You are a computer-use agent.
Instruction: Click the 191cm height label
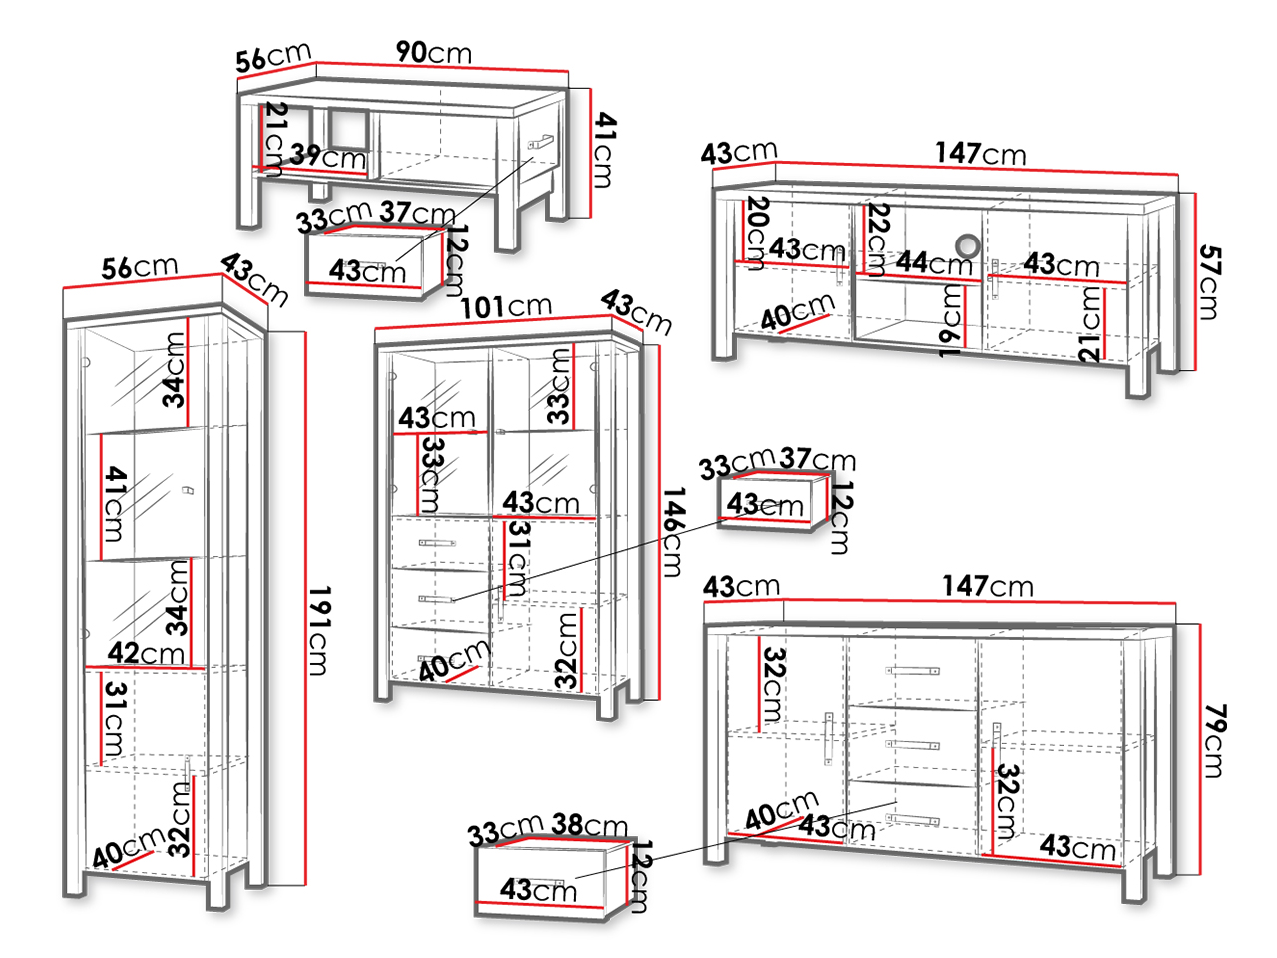tap(319, 630)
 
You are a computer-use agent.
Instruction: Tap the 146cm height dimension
tap(673, 532)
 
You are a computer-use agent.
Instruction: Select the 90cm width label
tap(434, 52)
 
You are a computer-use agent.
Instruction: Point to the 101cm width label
tap(506, 306)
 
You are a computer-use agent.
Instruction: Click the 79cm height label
tap(1215, 740)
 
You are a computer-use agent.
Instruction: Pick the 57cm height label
tap(1210, 282)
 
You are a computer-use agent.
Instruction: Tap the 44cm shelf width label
tap(934, 263)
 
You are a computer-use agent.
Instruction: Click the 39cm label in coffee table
tap(328, 156)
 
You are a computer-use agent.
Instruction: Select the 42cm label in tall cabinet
tap(146, 653)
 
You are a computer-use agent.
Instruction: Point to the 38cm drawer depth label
tap(589, 825)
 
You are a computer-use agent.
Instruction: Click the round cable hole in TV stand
tap(967, 246)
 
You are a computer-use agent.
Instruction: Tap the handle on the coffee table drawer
tap(541, 142)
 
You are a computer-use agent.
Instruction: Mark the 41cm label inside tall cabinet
tap(115, 504)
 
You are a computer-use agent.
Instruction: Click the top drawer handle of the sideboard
tap(912, 670)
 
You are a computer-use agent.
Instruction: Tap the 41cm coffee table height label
tap(604, 150)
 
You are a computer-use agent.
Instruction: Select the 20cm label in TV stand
tap(756, 234)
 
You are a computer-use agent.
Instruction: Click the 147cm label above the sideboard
tap(988, 586)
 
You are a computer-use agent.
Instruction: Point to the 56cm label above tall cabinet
tap(140, 267)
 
